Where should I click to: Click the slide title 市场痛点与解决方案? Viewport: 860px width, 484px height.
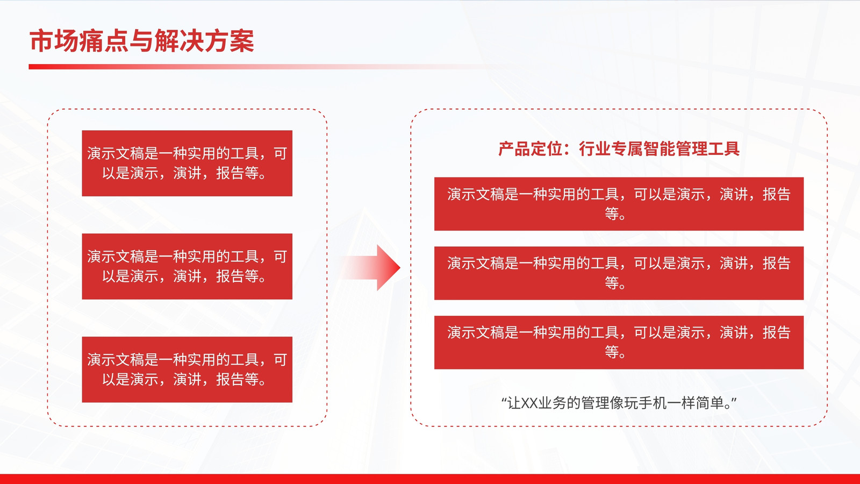(142, 41)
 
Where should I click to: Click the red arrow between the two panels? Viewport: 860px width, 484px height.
(371, 268)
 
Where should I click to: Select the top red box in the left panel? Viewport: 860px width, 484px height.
(187, 163)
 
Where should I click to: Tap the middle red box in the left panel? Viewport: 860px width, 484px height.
(187, 267)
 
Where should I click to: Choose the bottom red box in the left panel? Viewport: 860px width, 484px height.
(187, 369)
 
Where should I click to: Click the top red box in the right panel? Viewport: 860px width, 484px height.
(619, 204)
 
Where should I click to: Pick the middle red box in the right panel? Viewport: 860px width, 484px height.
(619, 273)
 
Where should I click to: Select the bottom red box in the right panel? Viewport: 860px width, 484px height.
(619, 342)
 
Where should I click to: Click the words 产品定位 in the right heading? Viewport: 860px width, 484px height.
(530, 148)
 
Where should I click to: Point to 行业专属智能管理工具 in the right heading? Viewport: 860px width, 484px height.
(659, 148)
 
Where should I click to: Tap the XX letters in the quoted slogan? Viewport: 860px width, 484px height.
(529, 403)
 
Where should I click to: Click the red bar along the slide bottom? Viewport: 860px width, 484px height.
(430, 479)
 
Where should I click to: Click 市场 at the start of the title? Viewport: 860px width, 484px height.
(54, 41)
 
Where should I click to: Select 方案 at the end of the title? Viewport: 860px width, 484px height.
(230, 41)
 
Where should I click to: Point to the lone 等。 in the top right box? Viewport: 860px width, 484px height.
(615, 213)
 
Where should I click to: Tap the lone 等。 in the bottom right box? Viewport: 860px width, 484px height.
(615, 352)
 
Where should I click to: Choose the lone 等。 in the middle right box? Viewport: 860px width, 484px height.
(615, 283)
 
